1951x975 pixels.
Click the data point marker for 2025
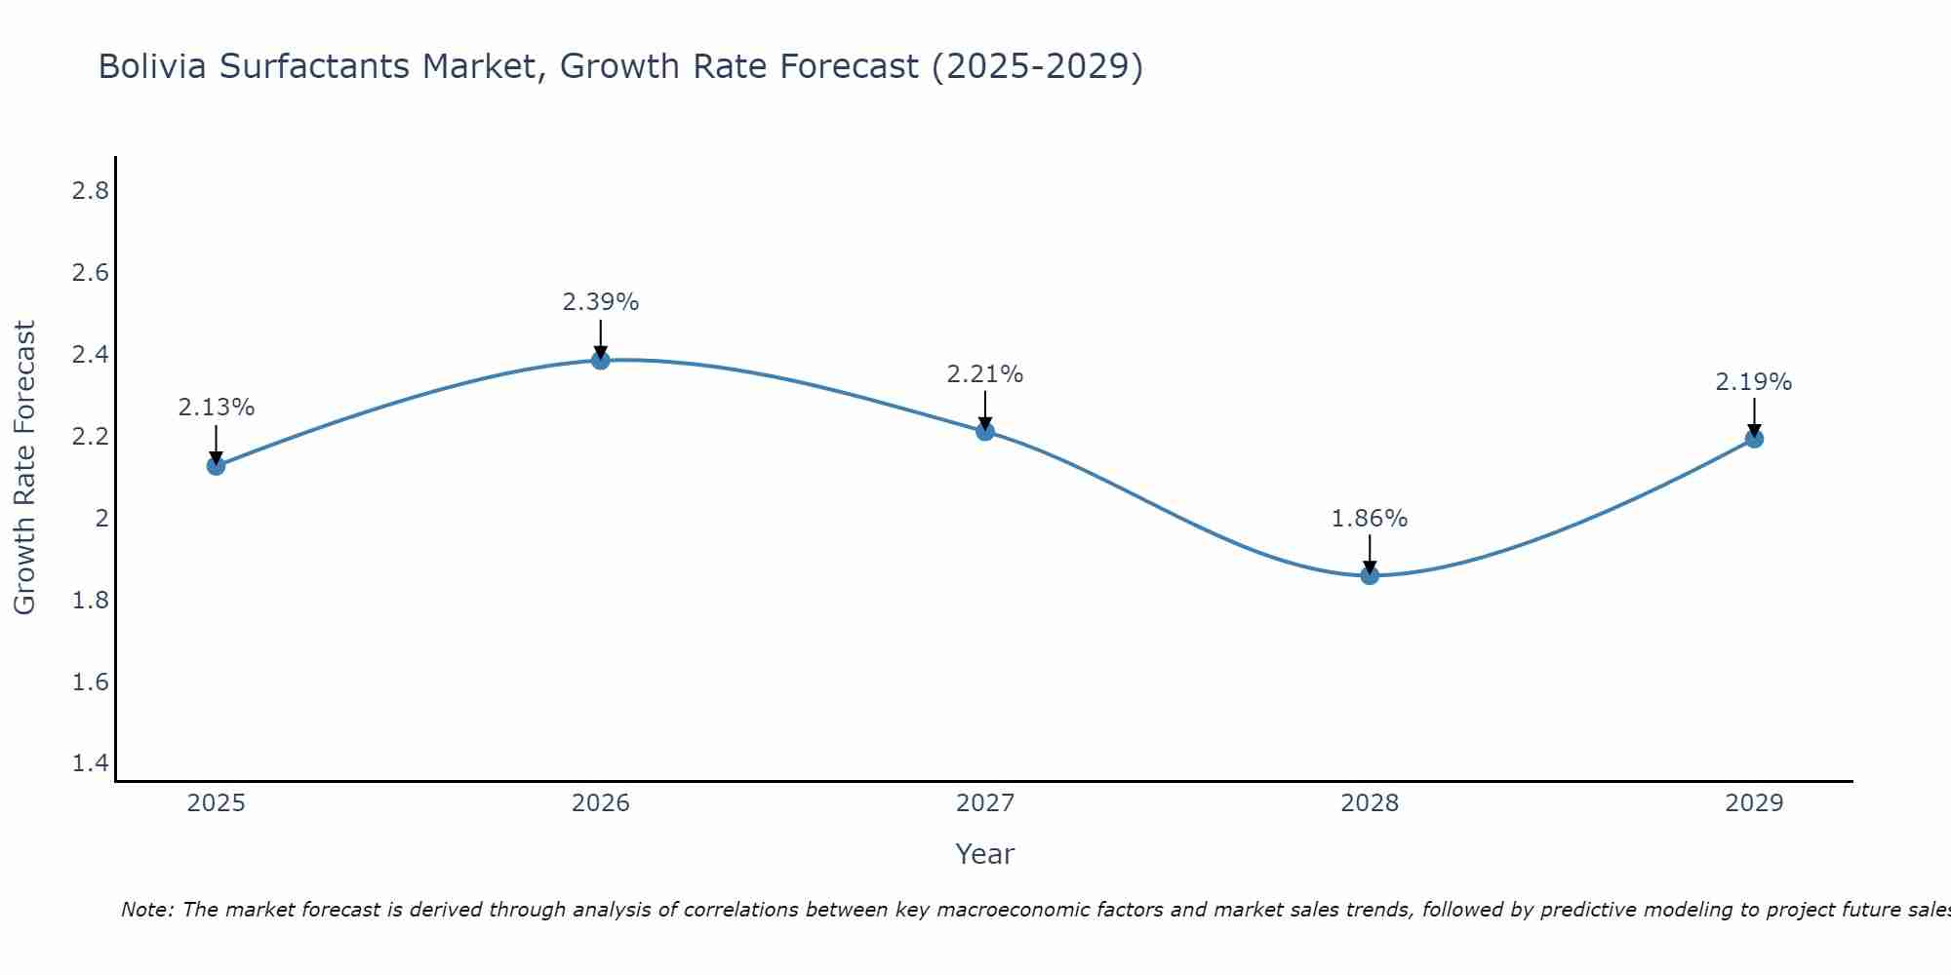pyautogui.click(x=216, y=466)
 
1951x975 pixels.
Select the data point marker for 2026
pyautogui.click(x=601, y=360)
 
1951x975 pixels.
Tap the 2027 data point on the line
pyautogui.click(x=985, y=431)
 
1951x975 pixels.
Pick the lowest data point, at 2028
pyautogui.click(x=1370, y=575)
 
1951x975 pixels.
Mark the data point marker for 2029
pyautogui.click(x=1754, y=439)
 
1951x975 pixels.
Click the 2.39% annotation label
pyautogui.click(x=601, y=302)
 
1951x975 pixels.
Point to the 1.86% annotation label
pyautogui.click(x=1370, y=519)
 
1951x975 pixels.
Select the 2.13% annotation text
pyautogui.click(x=216, y=408)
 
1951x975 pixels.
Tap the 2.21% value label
pyautogui.click(x=985, y=374)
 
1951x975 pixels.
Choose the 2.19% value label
pyautogui.click(x=1754, y=382)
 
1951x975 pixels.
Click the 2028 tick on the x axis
pyautogui.click(x=1370, y=803)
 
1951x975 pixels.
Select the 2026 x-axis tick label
pyautogui.click(x=601, y=803)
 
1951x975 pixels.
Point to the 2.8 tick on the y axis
pyautogui.click(x=91, y=191)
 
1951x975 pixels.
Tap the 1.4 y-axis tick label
pyautogui.click(x=91, y=763)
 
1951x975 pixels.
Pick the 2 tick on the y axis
pyautogui.click(x=101, y=519)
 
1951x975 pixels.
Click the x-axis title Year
pyautogui.click(x=985, y=854)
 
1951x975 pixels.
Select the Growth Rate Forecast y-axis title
pyautogui.click(x=24, y=468)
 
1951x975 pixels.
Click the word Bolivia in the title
pyautogui.click(x=154, y=67)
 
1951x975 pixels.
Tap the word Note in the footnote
pyautogui.click(x=146, y=910)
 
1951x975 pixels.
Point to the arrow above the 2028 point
pyautogui.click(x=1370, y=554)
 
